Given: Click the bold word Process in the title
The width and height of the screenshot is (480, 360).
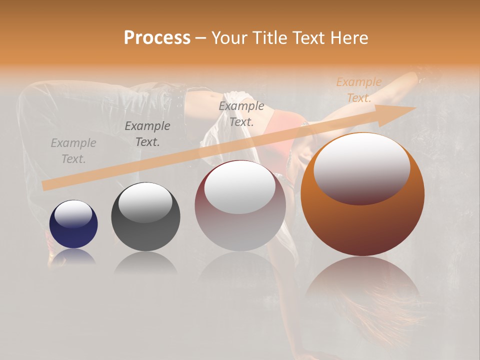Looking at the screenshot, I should pos(157,38).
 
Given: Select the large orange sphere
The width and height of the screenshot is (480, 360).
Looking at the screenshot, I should pos(362,225).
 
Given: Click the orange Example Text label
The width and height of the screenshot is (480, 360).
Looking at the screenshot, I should pos(359,90).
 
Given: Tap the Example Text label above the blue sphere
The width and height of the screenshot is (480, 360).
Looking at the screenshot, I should pos(73,151).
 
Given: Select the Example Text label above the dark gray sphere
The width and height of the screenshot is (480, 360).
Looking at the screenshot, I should pos(147,134).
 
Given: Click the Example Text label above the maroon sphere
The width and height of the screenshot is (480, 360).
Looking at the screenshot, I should pos(241,114).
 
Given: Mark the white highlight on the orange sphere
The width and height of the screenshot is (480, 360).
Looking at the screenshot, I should pos(362,167).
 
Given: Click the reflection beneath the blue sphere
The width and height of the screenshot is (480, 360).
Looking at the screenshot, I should pos(73,257).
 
